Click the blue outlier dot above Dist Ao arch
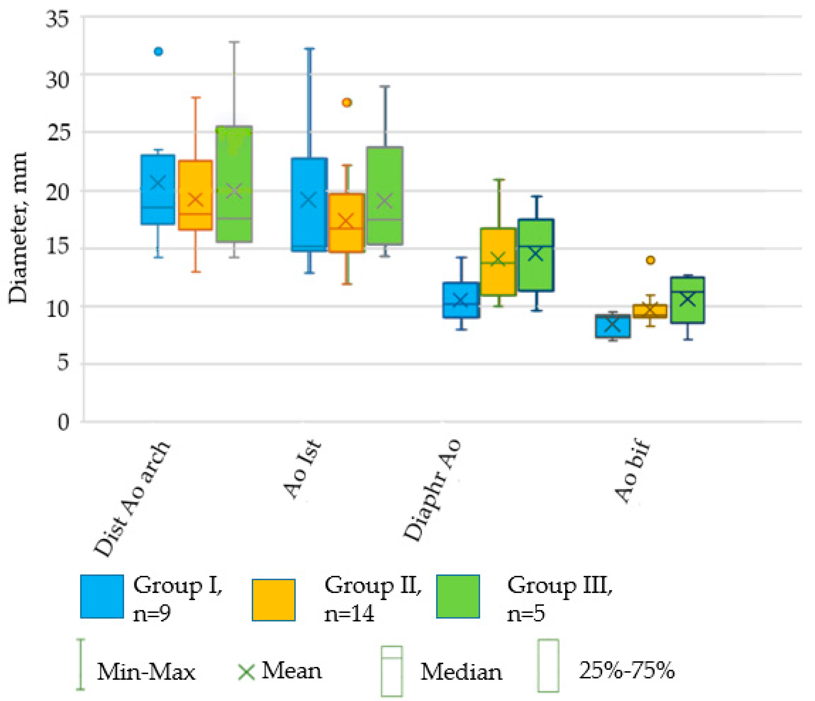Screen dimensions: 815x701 pos(158,51)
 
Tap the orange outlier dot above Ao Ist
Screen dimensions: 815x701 pos(346,103)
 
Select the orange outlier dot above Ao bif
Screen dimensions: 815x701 pos(651,260)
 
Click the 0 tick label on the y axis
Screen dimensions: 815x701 pos(63,422)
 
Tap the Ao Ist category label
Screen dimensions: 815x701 pos(302,470)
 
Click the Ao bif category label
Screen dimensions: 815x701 pos(632,472)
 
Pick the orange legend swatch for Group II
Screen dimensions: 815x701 pos(273,600)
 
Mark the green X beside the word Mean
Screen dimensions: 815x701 pos(247,672)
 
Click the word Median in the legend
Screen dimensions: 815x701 pos(461,672)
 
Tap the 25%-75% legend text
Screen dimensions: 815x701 pos(627,670)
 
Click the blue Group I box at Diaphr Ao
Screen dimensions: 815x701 pos(461,300)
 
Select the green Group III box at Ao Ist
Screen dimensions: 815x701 pos(385,196)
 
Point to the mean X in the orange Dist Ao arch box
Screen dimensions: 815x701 pos(196,199)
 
